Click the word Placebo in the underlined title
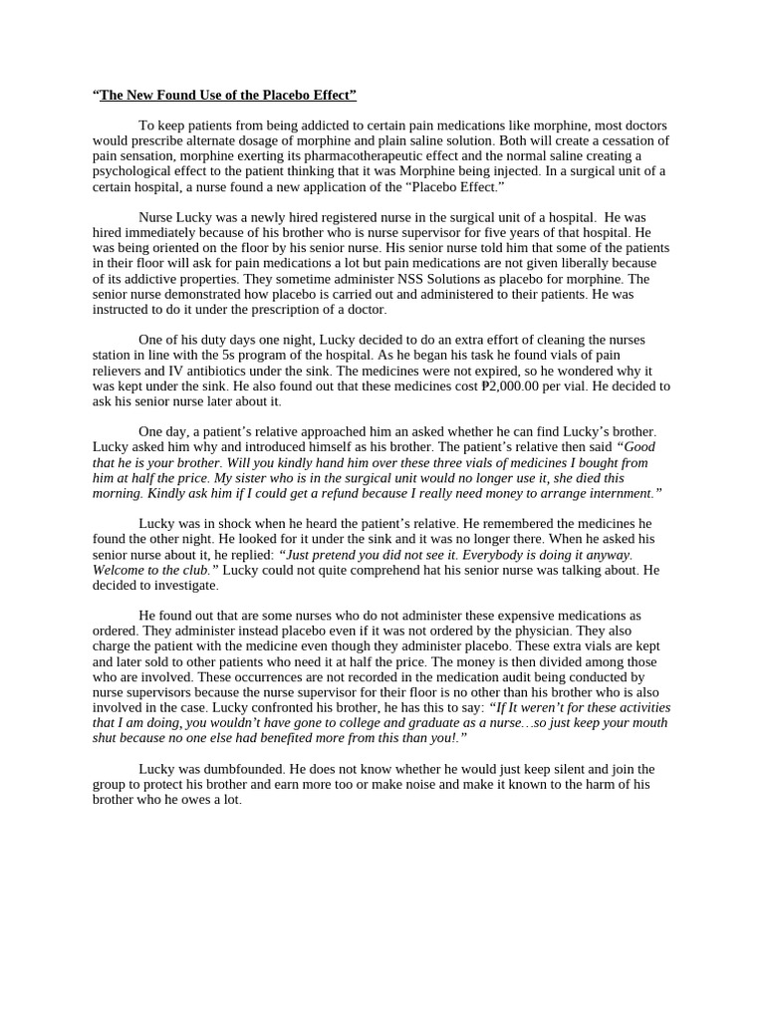pyautogui.click(x=265, y=96)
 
